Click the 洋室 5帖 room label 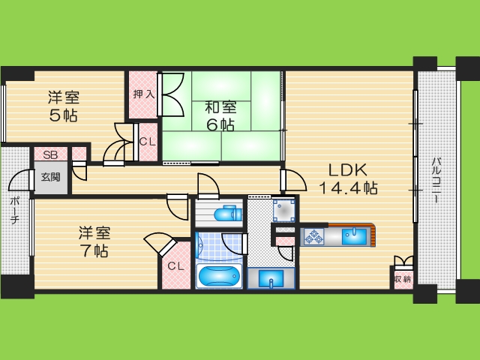pyautogui.click(x=64, y=106)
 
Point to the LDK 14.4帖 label pyautogui.click(x=347, y=178)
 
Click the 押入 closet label pyautogui.click(x=142, y=94)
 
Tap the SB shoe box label pyautogui.click(x=50, y=155)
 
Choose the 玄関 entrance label pyautogui.click(x=51, y=178)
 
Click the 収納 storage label pyautogui.click(x=402, y=279)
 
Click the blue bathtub pyautogui.click(x=219, y=275)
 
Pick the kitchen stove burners pyautogui.click(x=313, y=237)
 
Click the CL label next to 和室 pyautogui.click(x=148, y=141)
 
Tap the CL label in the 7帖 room pyautogui.click(x=175, y=265)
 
